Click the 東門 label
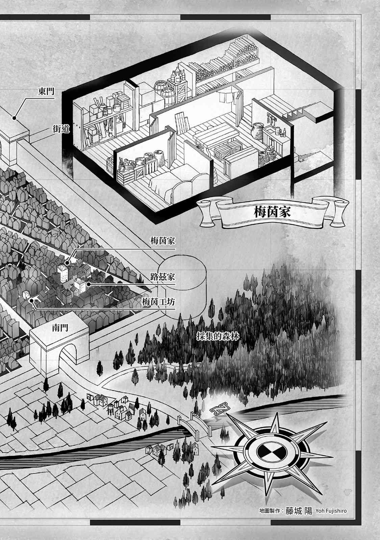[x=47, y=92]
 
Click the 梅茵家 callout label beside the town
[x=163, y=242]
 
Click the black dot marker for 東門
[x=14, y=118]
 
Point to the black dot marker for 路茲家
[x=88, y=284]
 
